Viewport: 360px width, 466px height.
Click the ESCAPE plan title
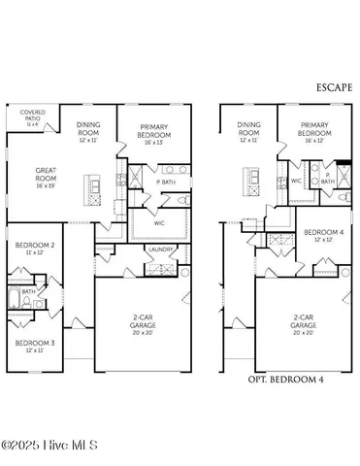click(x=332, y=87)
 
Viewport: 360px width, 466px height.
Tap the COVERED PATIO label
click(x=32, y=115)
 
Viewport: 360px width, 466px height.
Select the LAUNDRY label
click(x=160, y=250)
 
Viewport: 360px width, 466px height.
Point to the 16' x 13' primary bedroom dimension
click(x=155, y=142)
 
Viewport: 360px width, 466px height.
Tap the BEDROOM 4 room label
click(x=319, y=233)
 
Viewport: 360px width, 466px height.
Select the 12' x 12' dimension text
click(x=319, y=241)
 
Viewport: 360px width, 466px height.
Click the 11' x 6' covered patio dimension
click(x=32, y=123)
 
